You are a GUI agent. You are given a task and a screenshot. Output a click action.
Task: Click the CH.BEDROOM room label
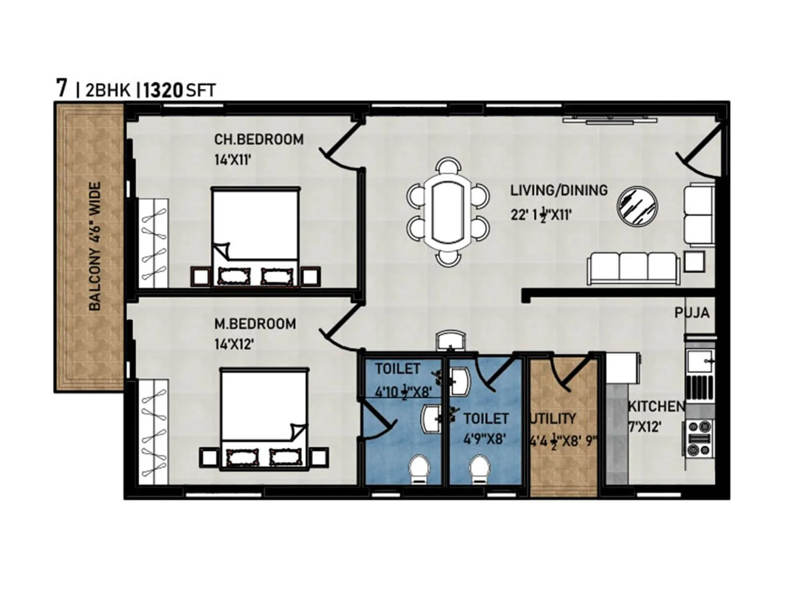259,139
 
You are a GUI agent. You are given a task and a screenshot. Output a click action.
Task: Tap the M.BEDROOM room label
255,324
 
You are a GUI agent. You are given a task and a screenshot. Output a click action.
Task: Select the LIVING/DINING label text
558,190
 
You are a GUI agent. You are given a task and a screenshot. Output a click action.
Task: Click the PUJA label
692,312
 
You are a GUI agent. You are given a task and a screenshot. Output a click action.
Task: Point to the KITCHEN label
656,406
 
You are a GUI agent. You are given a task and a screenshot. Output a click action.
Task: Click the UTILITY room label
553,419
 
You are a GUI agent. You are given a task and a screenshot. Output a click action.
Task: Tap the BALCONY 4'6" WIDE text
95,246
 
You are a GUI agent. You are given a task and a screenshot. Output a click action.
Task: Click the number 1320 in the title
163,90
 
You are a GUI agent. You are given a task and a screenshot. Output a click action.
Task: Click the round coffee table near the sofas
638,207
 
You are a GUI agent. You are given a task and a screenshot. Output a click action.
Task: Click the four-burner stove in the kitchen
699,437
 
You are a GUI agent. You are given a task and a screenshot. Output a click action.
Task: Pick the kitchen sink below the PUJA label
700,361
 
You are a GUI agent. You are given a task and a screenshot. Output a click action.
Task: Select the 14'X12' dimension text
234,344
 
